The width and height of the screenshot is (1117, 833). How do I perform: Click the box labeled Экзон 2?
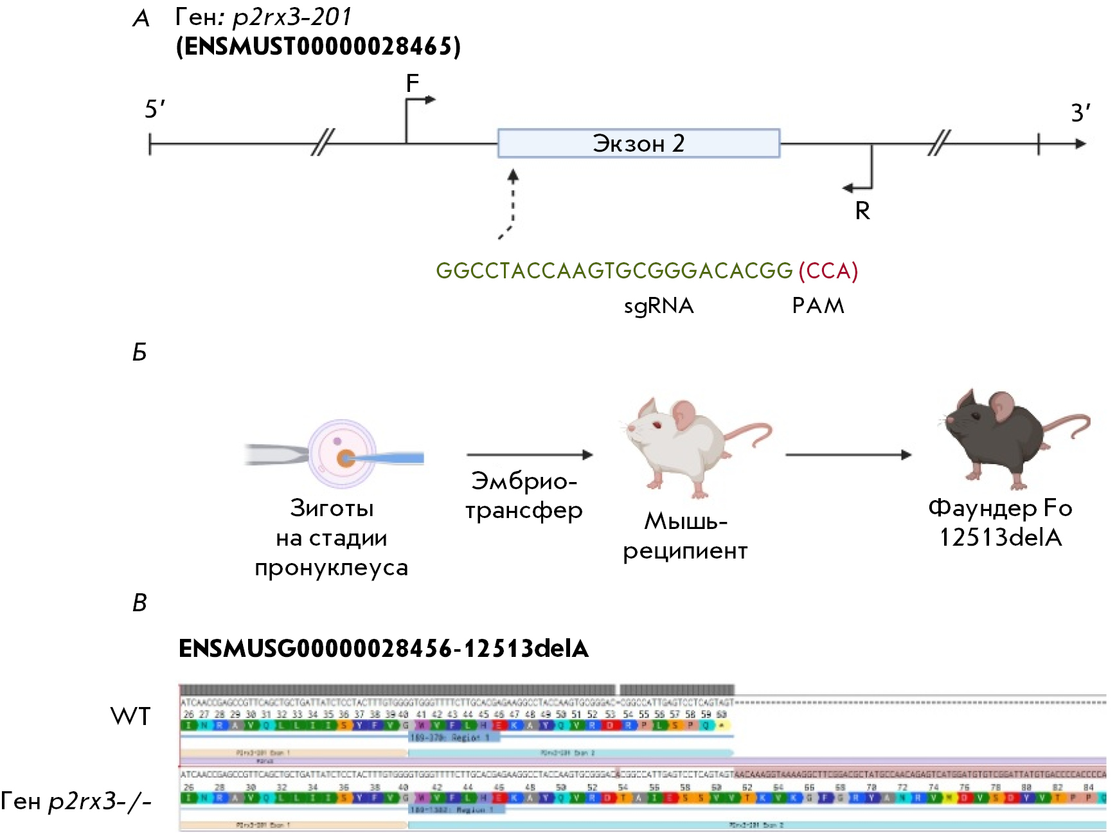click(638, 143)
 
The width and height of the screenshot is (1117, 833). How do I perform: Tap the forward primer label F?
click(412, 83)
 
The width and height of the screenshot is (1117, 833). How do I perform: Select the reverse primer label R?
click(862, 211)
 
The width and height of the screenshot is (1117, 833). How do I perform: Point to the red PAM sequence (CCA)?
click(828, 271)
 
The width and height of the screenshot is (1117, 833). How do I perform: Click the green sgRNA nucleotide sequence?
click(614, 271)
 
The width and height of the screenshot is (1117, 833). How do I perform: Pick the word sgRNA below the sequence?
click(659, 305)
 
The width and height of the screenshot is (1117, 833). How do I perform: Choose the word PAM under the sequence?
click(818, 305)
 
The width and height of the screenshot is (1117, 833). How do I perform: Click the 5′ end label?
click(154, 109)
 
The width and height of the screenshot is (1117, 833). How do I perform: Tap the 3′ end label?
click(1080, 113)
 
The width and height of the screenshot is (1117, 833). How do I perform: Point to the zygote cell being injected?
click(342, 454)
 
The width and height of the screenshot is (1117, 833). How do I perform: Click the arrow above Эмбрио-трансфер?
click(529, 455)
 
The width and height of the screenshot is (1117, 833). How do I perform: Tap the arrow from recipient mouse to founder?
click(848, 455)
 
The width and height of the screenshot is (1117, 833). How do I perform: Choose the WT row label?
click(130, 716)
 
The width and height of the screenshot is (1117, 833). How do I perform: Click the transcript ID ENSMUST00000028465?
click(318, 47)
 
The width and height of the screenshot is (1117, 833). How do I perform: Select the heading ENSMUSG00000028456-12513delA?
click(383, 649)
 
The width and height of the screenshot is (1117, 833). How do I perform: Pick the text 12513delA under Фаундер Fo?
click(1000, 537)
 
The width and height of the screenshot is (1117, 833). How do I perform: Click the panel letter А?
click(141, 19)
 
